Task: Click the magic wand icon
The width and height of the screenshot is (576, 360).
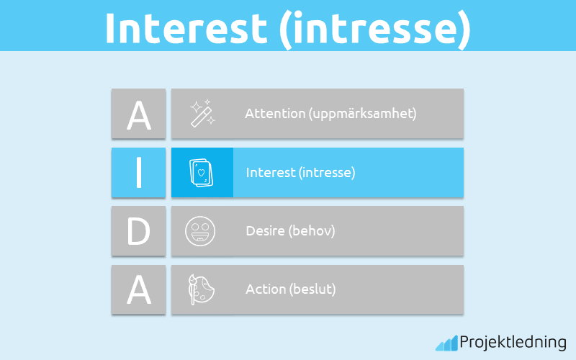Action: (x=202, y=114)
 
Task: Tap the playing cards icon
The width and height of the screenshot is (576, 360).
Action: (x=202, y=173)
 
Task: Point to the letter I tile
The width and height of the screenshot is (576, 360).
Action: (x=138, y=173)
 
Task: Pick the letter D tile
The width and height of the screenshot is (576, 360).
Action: (x=138, y=231)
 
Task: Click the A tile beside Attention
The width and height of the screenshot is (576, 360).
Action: (x=138, y=114)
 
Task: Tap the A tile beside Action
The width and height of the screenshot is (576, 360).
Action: (x=138, y=289)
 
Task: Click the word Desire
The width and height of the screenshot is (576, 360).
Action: (x=264, y=231)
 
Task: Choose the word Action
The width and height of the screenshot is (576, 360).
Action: (x=265, y=289)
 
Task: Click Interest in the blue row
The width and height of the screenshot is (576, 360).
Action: (x=270, y=173)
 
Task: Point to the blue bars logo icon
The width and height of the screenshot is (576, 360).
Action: (x=446, y=343)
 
